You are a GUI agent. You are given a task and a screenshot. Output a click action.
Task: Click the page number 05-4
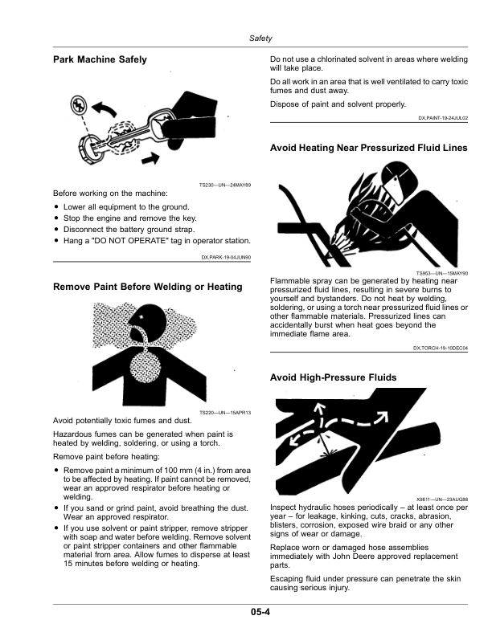260,612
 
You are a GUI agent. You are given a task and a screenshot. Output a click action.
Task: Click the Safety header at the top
260,38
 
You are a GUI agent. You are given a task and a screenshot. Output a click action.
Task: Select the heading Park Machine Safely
100,59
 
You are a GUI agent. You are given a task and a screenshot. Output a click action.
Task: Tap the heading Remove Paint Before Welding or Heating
148,287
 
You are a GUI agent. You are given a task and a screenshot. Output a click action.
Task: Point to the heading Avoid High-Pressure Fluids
334,377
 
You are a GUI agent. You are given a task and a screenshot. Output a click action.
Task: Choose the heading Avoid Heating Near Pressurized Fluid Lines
368,148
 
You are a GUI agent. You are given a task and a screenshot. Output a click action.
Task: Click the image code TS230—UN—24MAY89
225,185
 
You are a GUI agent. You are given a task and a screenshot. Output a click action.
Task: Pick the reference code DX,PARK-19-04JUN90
226,257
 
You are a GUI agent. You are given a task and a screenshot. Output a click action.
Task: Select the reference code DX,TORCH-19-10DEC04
441,348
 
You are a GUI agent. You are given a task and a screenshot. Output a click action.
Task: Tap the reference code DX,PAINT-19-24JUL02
443,118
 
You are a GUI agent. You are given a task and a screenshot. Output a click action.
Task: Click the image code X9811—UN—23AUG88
442,499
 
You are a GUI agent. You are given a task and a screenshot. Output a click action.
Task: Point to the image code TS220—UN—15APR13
225,413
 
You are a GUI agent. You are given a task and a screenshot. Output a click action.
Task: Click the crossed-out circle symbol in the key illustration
77,104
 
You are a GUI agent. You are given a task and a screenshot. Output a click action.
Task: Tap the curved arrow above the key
104,109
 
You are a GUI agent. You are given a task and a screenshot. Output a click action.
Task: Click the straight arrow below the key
150,158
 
